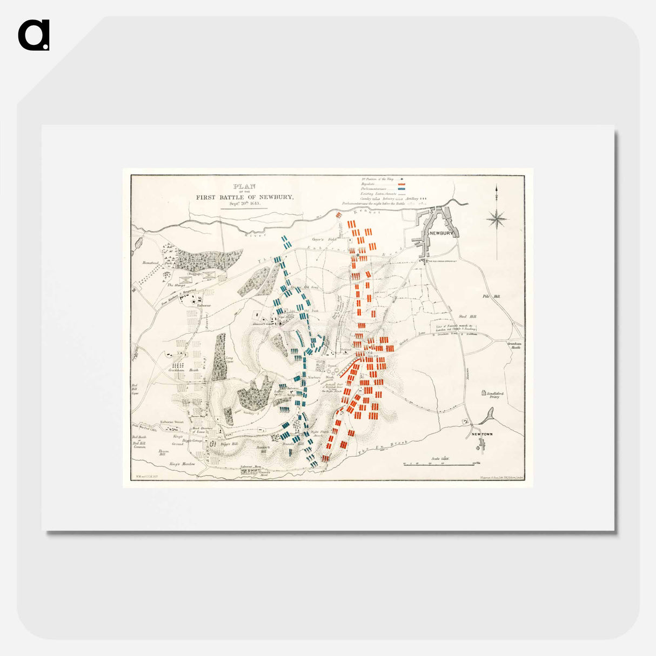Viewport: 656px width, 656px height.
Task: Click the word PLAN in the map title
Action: tap(244, 186)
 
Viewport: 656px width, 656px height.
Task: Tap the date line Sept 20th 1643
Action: tap(244, 204)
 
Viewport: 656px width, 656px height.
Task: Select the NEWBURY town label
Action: tap(440, 233)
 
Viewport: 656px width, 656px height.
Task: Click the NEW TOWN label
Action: tap(481, 434)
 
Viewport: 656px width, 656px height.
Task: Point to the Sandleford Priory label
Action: tap(494, 395)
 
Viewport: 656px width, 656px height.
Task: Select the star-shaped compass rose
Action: tap(497, 219)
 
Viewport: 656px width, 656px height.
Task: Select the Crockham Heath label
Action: tap(183, 370)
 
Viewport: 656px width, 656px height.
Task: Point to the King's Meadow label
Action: tap(182, 464)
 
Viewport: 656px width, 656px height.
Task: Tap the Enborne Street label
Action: tap(172, 422)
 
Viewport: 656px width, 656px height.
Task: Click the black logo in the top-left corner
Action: tap(34, 35)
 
